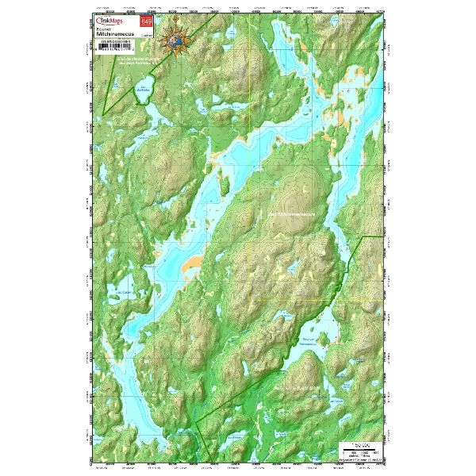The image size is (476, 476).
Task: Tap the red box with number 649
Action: point(145,22)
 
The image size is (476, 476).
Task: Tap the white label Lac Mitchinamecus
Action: point(286,214)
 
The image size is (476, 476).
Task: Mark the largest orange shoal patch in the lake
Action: point(190,265)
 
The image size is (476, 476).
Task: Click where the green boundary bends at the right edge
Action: point(362,236)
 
